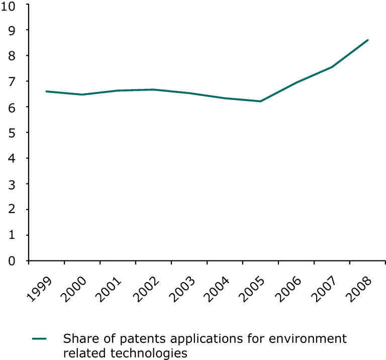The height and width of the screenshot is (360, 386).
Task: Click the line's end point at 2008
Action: pos(368,40)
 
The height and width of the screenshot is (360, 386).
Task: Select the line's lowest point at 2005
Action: pos(260,101)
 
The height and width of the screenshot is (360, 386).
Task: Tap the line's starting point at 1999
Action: pos(46,92)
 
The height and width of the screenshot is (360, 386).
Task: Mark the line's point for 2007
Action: pos(332,67)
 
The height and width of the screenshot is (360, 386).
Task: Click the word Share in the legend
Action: pos(78,338)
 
